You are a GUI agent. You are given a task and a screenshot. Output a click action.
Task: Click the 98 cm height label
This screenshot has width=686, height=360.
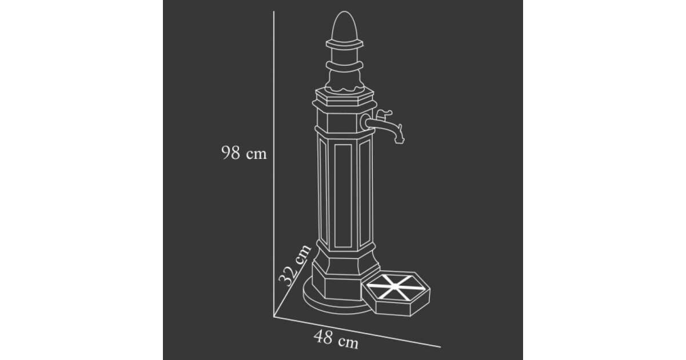(x=244, y=153)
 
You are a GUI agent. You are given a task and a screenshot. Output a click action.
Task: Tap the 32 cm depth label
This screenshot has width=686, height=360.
(x=295, y=266)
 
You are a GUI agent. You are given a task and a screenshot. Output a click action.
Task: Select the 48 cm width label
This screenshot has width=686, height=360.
(x=336, y=339)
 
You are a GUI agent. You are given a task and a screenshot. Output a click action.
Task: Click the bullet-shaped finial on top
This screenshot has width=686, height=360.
(x=345, y=26)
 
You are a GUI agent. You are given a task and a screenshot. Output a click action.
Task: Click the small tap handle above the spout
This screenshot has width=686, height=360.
(x=384, y=114)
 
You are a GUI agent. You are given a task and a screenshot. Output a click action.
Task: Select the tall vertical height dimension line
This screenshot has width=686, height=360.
(x=274, y=164)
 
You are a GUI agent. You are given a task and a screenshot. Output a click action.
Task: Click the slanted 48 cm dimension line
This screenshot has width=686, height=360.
(x=357, y=332)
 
